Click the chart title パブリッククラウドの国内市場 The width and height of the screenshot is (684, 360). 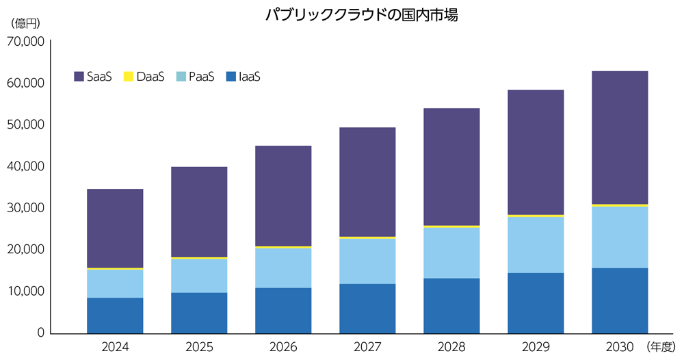(x=361, y=16)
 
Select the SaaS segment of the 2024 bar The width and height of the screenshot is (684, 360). (x=115, y=228)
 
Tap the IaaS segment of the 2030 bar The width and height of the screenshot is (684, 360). (x=620, y=300)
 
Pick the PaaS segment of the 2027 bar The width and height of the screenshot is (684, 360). (x=367, y=261)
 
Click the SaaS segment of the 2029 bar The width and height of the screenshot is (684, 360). (x=536, y=152)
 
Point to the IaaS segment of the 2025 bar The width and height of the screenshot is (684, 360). (x=199, y=312)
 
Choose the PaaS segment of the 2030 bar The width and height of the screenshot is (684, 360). (x=620, y=237)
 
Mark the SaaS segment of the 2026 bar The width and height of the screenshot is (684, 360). (x=283, y=196)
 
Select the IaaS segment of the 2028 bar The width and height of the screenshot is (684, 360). (x=451, y=305)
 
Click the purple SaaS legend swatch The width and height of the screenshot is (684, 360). (x=79, y=77)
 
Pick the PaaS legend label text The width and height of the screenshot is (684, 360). (x=201, y=77)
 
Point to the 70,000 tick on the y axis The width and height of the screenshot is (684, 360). (x=25, y=42)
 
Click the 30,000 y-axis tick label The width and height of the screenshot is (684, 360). (x=25, y=208)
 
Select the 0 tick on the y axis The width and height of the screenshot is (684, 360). (x=40, y=333)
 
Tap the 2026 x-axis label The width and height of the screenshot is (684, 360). (x=283, y=347)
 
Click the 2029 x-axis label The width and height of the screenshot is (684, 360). (x=536, y=347)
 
